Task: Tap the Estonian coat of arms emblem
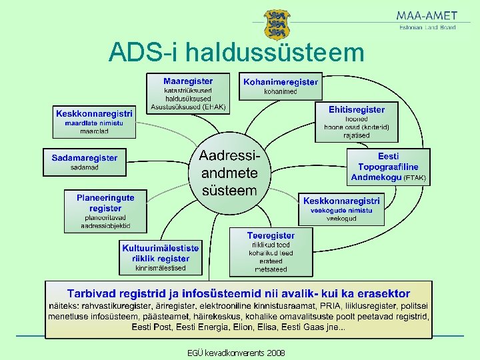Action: click(x=277, y=25)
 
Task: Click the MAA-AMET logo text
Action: click(x=427, y=15)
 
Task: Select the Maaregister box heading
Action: click(x=188, y=81)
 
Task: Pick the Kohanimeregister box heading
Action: click(x=280, y=82)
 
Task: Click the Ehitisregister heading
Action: click(x=356, y=109)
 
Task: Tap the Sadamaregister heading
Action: click(x=85, y=158)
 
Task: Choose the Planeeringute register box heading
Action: click(x=105, y=203)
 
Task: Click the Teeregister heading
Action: click(x=271, y=235)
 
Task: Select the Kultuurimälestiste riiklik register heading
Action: click(x=160, y=253)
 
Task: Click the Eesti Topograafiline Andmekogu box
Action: click(x=388, y=167)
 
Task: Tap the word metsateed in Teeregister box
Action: click(x=271, y=269)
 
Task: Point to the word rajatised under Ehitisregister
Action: click(x=357, y=135)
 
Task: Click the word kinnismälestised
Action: click(x=160, y=268)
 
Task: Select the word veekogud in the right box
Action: click(x=341, y=218)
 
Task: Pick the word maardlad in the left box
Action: click(x=94, y=131)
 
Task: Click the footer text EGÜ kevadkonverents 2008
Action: click(x=236, y=353)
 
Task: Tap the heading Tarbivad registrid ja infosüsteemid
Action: click(x=238, y=293)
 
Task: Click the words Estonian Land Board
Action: click(x=427, y=27)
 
